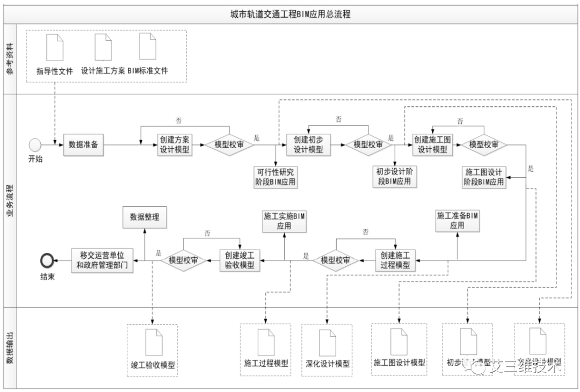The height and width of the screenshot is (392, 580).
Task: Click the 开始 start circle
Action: (x=35, y=144)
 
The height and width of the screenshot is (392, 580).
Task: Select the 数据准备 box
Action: (x=84, y=145)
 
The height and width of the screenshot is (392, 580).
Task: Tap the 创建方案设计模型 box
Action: (x=175, y=145)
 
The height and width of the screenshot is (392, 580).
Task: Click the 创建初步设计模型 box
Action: (x=308, y=144)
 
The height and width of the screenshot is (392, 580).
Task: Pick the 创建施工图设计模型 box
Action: (x=432, y=144)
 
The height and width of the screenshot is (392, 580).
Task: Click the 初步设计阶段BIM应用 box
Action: (x=395, y=177)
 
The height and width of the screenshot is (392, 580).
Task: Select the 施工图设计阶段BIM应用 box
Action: (x=483, y=177)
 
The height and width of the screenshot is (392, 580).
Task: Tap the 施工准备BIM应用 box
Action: (x=457, y=221)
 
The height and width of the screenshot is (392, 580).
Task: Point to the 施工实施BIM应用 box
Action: (x=284, y=221)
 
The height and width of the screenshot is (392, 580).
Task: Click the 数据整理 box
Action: (x=144, y=217)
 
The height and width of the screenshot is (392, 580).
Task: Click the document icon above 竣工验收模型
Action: (x=153, y=342)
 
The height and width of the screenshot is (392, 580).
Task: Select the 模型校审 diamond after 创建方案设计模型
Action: (x=229, y=145)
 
